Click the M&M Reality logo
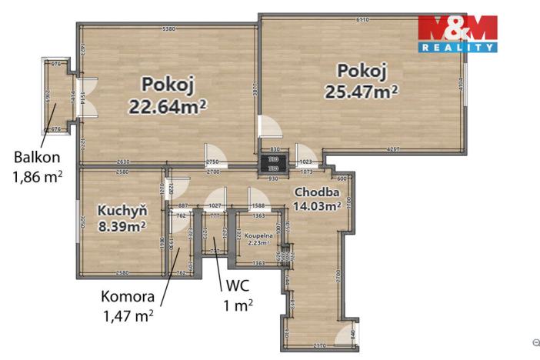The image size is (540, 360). pyautogui.click(x=457, y=34)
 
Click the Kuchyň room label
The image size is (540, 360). pyautogui.click(x=118, y=209)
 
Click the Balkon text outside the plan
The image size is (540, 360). pyautogui.click(x=36, y=158)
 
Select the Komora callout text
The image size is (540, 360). pyautogui.click(x=128, y=296)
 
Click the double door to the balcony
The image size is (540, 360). pyautogui.click(x=85, y=98)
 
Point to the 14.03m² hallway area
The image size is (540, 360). pyautogui.click(x=317, y=205)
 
